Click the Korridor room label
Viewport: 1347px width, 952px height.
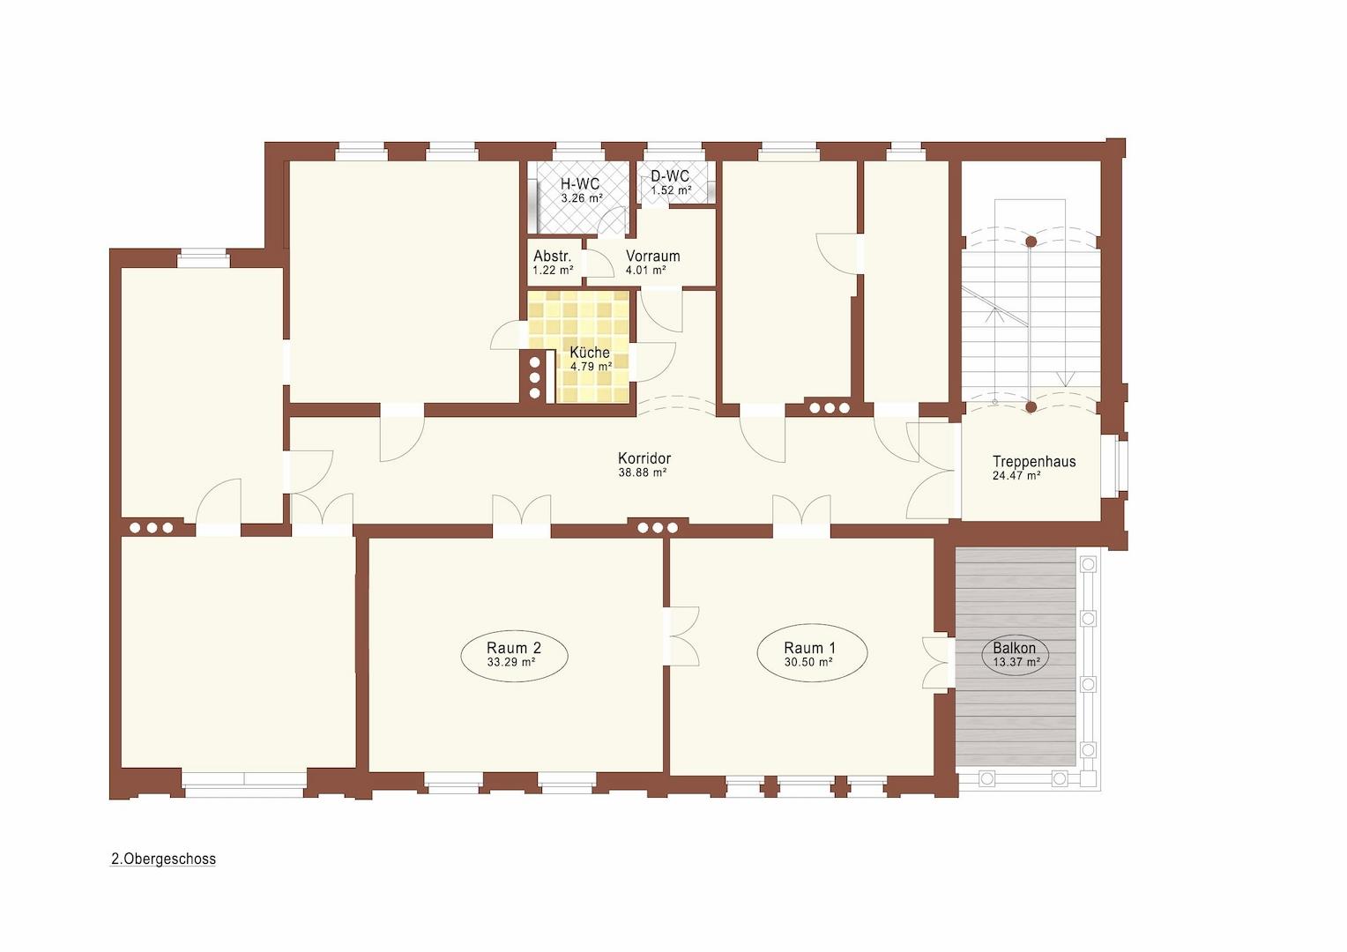pos(644,458)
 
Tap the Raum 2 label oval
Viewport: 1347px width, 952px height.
pos(514,654)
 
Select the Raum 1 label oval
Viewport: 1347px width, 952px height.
pos(812,653)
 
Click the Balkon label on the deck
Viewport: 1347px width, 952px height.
pos(1014,648)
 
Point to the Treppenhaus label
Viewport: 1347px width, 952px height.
pos(1033,461)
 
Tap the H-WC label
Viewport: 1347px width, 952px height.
pos(580,184)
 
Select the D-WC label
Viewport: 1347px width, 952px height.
pos(670,177)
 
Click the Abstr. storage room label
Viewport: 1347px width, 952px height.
pos(552,257)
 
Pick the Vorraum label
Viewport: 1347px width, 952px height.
pos(652,257)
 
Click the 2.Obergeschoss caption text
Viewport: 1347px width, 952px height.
pos(163,859)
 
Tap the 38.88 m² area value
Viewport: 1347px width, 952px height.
pos(643,472)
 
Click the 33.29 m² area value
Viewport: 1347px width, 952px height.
pos(511,662)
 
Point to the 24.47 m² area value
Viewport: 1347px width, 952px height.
pos(1016,476)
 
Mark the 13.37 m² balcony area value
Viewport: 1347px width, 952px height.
pos(1016,661)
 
